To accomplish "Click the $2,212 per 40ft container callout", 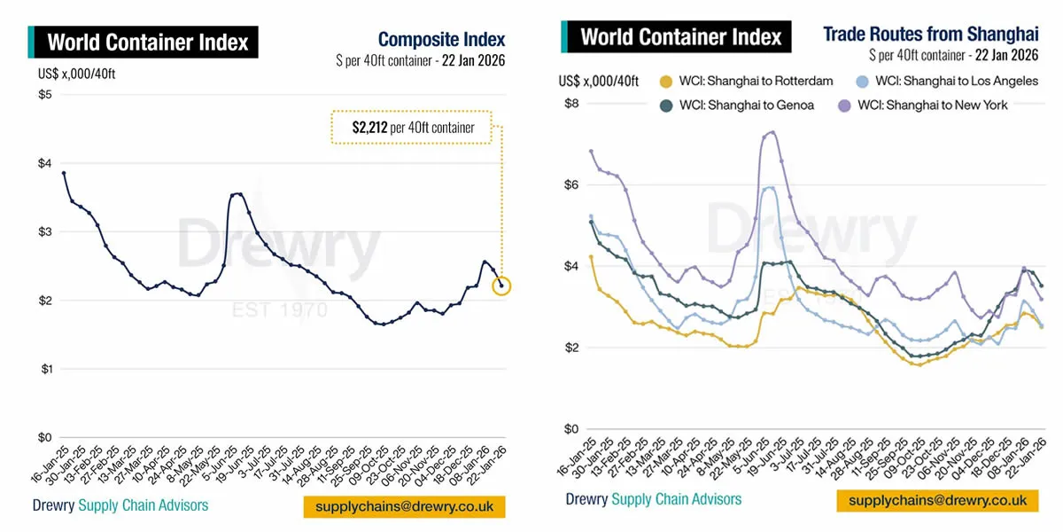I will point(413,128).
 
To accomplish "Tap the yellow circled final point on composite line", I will point(501,286).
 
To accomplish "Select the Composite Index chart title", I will point(441,40).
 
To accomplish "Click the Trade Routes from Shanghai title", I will point(930,35).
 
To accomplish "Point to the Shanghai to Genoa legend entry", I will point(735,105).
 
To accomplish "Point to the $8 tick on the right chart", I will point(572,103).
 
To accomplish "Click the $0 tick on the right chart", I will point(572,429).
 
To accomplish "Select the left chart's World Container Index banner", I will point(147,42).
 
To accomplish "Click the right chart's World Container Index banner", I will point(680,37).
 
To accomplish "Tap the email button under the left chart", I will point(404,506).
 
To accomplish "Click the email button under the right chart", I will point(937,501).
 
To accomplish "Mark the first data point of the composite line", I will point(64,173).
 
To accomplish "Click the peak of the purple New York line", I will point(772,133).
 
